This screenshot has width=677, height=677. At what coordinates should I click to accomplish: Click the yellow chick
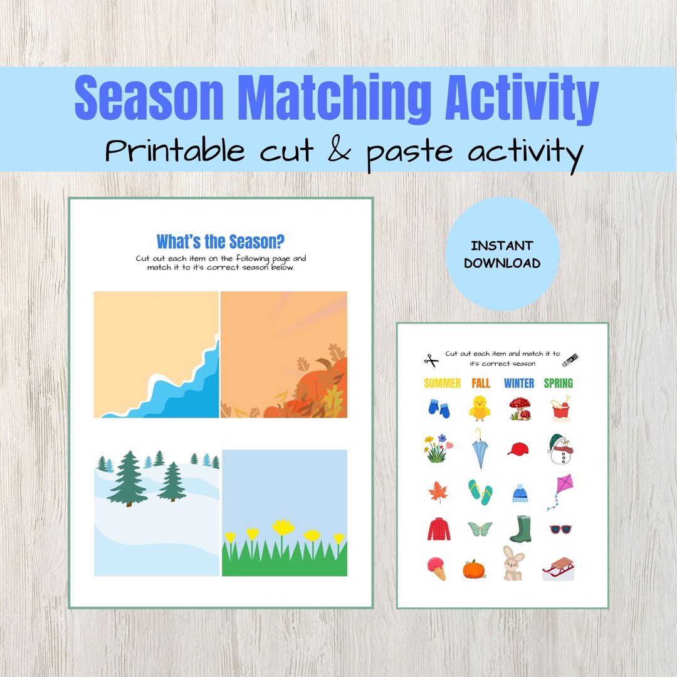click(x=480, y=407)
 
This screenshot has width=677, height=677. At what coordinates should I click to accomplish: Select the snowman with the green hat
click(x=559, y=449)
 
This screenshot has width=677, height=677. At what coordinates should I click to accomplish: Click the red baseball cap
click(x=518, y=449)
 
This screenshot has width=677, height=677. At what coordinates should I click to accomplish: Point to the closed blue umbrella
click(x=480, y=449)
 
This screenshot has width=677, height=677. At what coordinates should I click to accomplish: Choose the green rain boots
click(x=520, y=529)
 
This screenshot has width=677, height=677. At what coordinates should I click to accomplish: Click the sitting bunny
click(x=513, y=564)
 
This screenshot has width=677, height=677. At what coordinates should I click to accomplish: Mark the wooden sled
click(x=558, y=569)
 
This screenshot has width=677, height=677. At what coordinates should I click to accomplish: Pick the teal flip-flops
click(x=480, y=491)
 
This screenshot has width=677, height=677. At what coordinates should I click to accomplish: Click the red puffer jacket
click(x=439, y=529)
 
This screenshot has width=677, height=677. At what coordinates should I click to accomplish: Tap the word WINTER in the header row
click(x=519, y=383)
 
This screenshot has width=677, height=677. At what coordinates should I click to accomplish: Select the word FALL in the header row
click(x=481, y=383)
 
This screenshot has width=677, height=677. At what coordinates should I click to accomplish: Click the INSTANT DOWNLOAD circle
click(x=502, y=254)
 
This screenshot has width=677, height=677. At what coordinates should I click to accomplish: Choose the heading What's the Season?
click(x=220, y=241)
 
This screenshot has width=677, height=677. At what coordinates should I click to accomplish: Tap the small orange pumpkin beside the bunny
click(x=474, y=569)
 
